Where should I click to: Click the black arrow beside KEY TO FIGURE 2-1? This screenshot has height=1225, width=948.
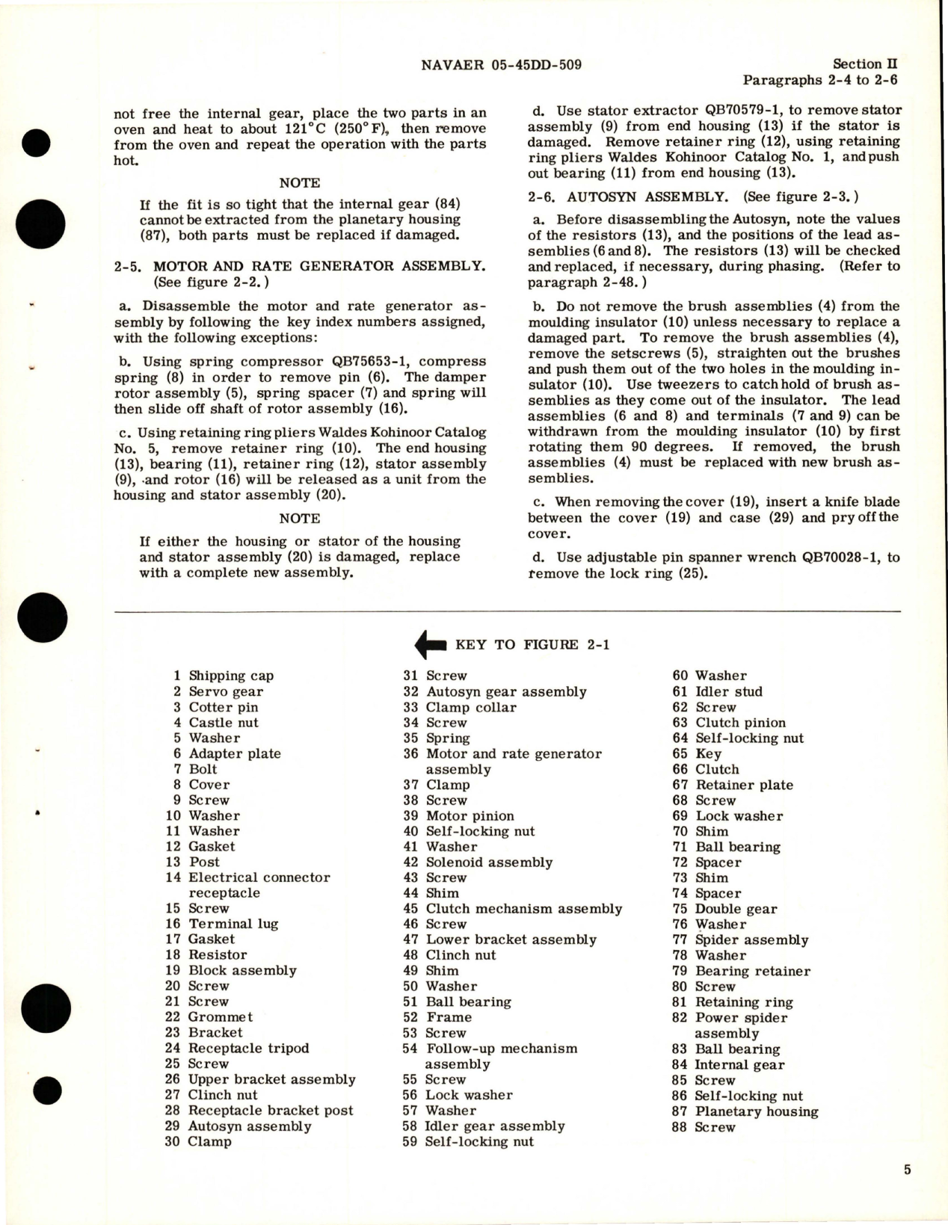click(430, 644)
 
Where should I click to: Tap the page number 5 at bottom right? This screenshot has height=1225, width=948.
click(907, 1170)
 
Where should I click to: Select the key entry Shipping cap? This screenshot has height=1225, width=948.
click(231, 676)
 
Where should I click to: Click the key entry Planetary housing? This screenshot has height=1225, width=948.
click(757, 1111)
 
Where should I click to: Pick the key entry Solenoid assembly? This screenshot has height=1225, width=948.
click(489, 862)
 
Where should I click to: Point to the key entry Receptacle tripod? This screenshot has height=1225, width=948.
click(248, 1048)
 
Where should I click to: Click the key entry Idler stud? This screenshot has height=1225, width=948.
click(729, 691)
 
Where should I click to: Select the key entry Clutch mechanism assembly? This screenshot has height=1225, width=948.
click(523, 909)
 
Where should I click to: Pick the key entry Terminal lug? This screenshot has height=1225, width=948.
click(233, 924)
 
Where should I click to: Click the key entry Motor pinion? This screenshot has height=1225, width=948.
click(470, 815)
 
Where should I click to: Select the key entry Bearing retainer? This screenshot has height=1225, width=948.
click(753, 971)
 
